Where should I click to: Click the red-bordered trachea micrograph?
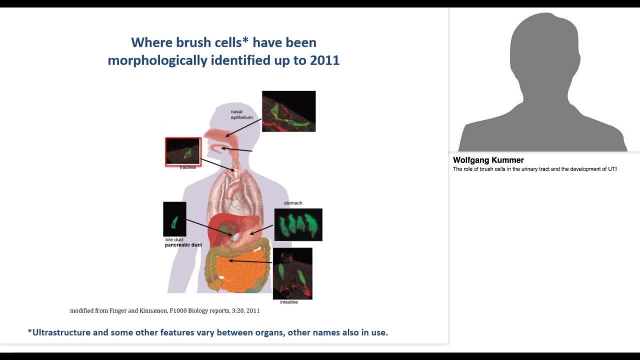coord(183,151)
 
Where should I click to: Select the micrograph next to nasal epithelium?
coord(288,111)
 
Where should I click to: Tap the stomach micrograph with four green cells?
coord(298,224)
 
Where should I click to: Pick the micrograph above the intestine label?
coord(292,273)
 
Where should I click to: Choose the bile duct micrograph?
coord(174,219)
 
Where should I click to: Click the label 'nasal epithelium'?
coord(241,114)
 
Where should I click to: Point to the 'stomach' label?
coord(293,203)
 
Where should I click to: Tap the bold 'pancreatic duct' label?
coord(183,245)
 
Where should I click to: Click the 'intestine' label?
coord(289,302)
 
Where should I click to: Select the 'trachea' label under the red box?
coord(187,167)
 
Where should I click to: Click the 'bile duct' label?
coord(174,239)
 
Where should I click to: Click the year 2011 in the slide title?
coord(324,60)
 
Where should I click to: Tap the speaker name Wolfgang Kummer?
coord(488,160)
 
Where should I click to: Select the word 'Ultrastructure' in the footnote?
coord(62,332)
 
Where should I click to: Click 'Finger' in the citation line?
coord(119,310)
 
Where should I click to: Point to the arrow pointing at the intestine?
coord(250,260)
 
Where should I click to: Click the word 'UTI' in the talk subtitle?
coord(611,169)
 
